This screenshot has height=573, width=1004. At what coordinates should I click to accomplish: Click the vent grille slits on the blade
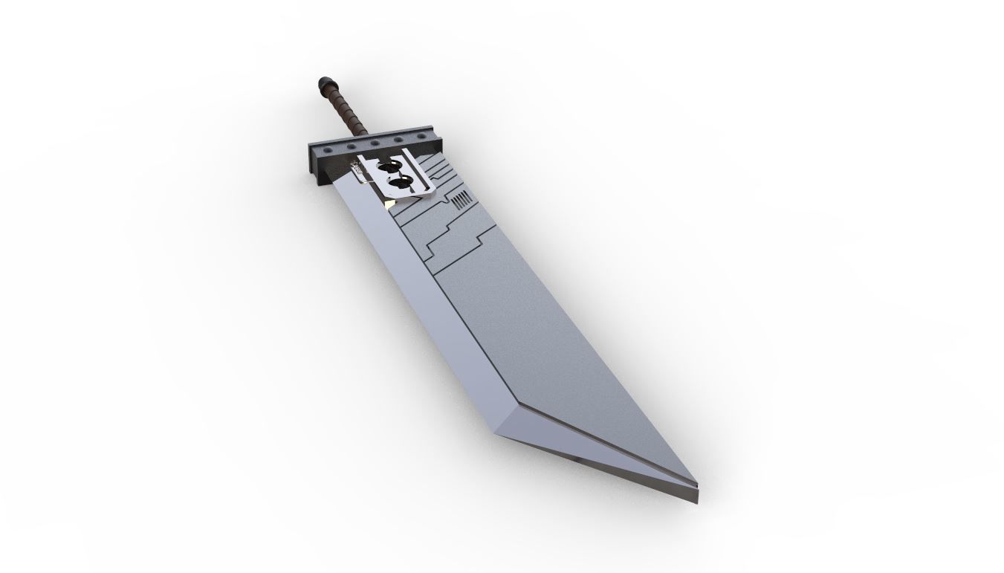click(461, 200)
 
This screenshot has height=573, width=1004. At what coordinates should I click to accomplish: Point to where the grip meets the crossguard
click(350, 137)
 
